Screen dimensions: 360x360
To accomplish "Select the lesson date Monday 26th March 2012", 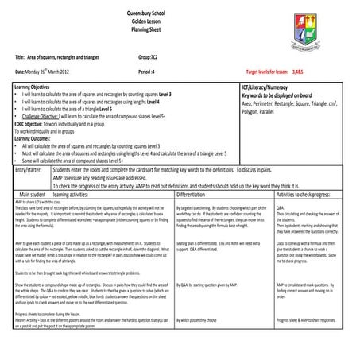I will [44, 72].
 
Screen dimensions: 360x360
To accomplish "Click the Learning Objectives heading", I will [32, 85].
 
